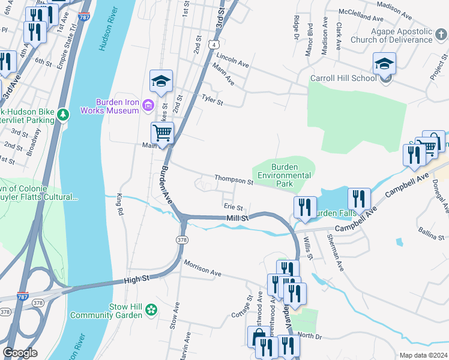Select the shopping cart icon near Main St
[162, 132]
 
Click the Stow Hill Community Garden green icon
[151, 310]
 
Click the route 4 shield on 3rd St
[214, 44]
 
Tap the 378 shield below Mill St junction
[181, 239]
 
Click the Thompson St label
[235, 180]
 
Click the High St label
[137, 279]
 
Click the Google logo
[20, 353]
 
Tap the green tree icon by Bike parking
[62, 113]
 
